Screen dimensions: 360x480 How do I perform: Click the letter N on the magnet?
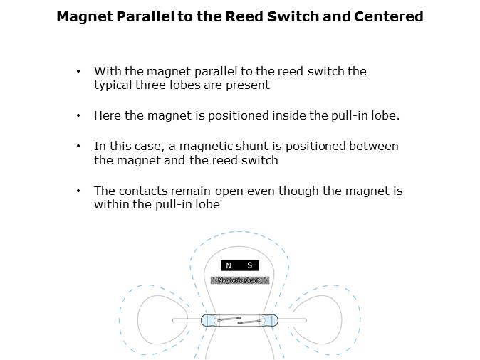[x=229, y=265]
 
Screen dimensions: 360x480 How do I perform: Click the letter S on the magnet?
[x=249, y=265]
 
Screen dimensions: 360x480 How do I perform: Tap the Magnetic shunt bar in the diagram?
[x=239, y=280]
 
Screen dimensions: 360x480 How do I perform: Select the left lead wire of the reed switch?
[x=187, y=320]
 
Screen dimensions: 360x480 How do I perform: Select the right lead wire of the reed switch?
[x=291, y=320]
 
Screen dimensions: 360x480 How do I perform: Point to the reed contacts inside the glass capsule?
[x=239, y=320]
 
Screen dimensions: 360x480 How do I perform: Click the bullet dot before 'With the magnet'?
[x=78, y=72]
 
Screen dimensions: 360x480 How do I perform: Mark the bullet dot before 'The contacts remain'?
[x=78, y=191]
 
